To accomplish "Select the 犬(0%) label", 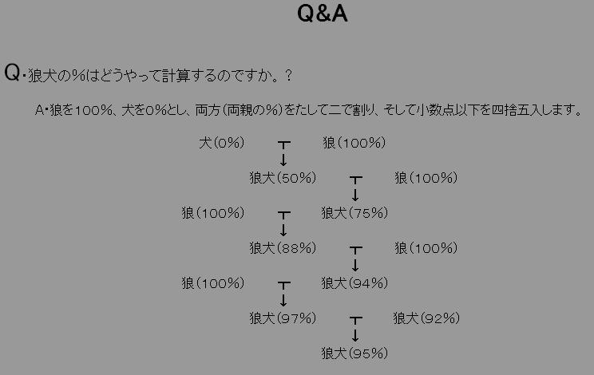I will (x=221, y=144).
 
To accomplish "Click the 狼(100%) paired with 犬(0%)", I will (x=354, y=144).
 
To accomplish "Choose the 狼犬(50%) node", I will (x=283, y=178).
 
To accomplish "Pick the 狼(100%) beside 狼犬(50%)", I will (x=426, y=178).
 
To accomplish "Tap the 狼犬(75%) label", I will (x=354, y=213).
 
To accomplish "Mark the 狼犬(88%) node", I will (x=283, y=248).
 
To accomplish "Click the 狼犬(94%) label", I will (x=354, y=283).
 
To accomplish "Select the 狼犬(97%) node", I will (x=283, y=318).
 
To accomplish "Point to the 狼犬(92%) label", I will (x=426, y=318).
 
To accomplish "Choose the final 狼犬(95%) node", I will (x=354, y=353).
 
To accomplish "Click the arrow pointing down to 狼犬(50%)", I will (x=283, y=160).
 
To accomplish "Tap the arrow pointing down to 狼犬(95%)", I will (x=355, y=334).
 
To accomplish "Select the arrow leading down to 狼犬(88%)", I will (x=283, y=230).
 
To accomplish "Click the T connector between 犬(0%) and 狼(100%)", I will (x=283, y=144).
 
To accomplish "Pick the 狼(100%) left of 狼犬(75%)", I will (x=212, y=213).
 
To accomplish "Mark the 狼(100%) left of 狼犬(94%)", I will (x=212, y=283).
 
